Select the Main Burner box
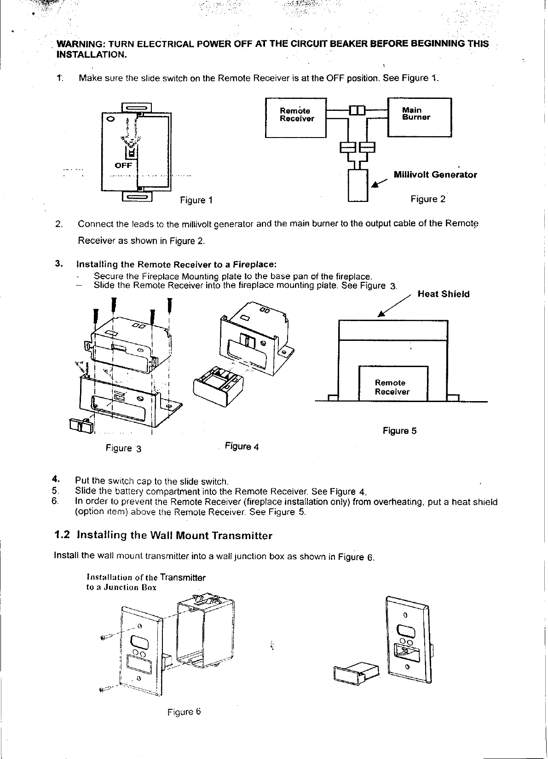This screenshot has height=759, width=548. click(419, 117)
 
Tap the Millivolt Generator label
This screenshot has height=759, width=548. click(435, 175)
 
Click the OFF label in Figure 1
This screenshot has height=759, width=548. click(123, 165)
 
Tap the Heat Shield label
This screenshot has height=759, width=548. click(444, 294)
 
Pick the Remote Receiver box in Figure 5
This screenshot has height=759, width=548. click(393, 384)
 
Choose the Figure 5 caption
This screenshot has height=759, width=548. click(399, 431)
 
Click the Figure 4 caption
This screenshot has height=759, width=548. click(242, 447)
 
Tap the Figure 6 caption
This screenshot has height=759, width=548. click(184, 712)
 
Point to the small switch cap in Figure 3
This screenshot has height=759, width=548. click(81, 425)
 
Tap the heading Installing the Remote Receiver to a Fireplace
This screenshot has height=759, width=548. click(176, 264)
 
